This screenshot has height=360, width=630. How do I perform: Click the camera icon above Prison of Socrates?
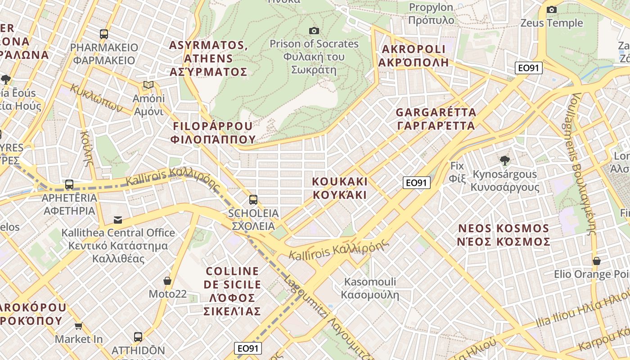314,31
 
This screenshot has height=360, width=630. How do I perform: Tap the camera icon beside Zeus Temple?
551,9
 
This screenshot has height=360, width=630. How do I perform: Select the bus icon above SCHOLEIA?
253,199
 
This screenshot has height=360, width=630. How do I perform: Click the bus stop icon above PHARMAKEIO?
104,34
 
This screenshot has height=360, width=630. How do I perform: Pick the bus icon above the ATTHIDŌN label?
138,337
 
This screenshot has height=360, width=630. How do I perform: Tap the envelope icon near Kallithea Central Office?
118,220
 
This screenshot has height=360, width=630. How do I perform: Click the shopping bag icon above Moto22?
167,281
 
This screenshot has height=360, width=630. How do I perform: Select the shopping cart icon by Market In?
79,326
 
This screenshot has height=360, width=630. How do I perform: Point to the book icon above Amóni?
148,85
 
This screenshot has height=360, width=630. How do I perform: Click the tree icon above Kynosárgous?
504,160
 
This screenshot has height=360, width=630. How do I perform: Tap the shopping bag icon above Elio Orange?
597,261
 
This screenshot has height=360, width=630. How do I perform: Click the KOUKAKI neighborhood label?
340,188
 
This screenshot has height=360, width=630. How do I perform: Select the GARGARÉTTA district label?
436,119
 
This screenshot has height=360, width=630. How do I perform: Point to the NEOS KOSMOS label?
504,235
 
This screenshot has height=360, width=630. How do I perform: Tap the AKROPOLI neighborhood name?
413,55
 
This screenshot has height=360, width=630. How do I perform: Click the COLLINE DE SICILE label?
232,291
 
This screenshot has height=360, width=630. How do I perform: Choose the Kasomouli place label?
370,288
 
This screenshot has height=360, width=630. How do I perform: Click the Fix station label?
457,172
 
